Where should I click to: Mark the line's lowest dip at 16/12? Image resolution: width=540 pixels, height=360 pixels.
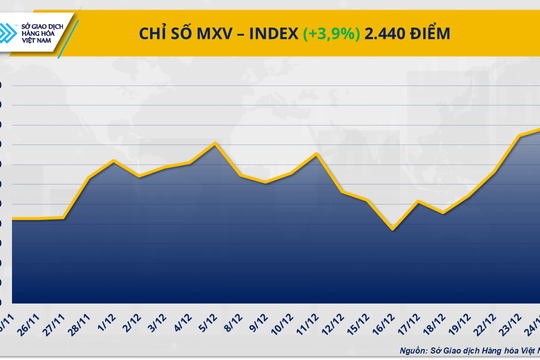[393, 229]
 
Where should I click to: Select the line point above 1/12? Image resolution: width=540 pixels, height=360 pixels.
[114, 161]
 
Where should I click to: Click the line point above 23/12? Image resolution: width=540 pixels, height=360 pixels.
[520, 136]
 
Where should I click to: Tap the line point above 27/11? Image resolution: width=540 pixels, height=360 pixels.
[64, 218]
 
